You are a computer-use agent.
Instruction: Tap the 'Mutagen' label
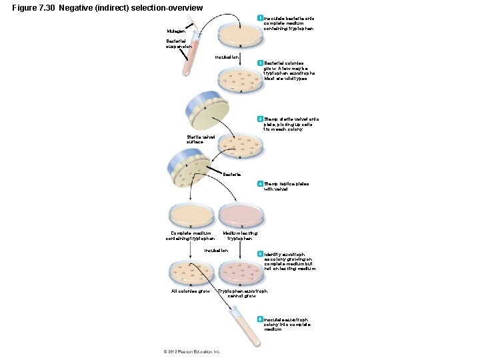177,31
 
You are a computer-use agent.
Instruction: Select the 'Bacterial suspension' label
179,44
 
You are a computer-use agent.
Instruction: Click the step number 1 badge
261,17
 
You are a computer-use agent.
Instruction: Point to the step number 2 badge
261,62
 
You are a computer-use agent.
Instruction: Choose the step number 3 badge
261,119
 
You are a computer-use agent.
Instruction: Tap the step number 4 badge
261,183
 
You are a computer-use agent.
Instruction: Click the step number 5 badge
261,254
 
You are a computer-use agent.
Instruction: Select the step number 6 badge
261,319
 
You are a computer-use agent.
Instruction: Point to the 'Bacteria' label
233,175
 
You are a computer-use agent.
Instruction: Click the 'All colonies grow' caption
191,291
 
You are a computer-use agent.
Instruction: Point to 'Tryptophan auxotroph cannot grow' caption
242,293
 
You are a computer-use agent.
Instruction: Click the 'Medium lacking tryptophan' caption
239,235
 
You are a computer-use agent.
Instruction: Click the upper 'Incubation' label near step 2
228,57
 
